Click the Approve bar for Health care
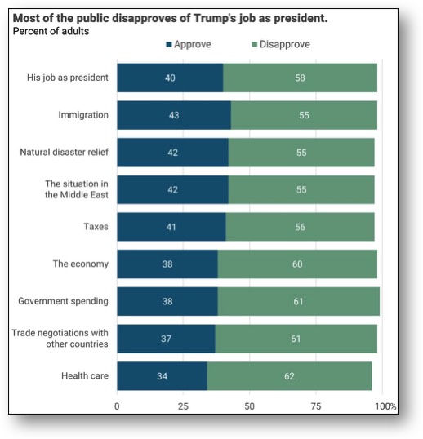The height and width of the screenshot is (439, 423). click(x=162, y=376)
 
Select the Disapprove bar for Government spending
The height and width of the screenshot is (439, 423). click(x=298, y=301)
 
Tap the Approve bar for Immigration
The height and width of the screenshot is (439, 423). click(x=173, y=115)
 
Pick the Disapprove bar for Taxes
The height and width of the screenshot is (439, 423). click(x=300, y=227)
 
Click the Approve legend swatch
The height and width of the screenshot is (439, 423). click(x=168, y=45)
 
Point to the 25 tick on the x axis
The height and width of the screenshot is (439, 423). click(x=183, y=406)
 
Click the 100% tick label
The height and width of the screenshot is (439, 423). click(x=385, y=406)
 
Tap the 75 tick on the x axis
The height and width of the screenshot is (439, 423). click(x=316, y=406)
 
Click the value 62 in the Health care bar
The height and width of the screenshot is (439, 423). click(x=289, y=376)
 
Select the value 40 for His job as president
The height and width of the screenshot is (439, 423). click(x=170, y=78)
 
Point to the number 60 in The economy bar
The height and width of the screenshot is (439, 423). click(x=297, y=264)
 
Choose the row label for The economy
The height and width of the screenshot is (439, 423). click(x=80, y=264)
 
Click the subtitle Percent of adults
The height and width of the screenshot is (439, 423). click(x=51, y=31)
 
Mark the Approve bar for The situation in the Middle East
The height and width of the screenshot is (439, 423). click(x=172, y=189)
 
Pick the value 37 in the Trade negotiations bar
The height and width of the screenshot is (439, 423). click(x=166, y=339)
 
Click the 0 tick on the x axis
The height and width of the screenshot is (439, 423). click(x=117, y=406)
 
